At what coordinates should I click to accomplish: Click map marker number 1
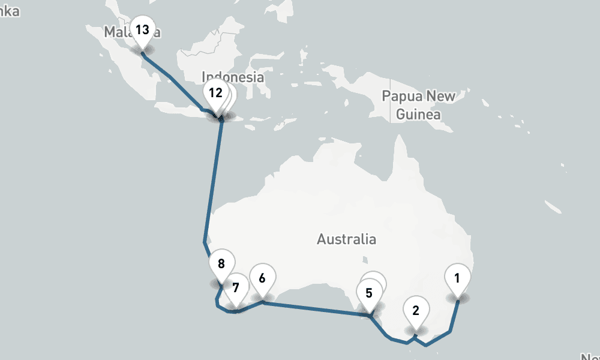(458, 278)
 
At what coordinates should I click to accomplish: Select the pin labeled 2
(415, 310)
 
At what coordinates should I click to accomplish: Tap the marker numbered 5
(369, 293)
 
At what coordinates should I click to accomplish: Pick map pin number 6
(262, 278)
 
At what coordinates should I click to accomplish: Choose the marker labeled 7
(236, 287)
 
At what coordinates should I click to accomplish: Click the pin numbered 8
(221, 263)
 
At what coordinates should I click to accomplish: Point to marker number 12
(215, 93)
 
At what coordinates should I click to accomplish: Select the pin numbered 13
(142, 29)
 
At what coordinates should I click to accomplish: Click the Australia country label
(346, 239)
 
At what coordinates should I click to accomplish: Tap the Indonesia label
(233, 77)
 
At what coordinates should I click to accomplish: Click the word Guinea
(419, 114)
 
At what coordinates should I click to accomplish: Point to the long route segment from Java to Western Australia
(213, 180)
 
